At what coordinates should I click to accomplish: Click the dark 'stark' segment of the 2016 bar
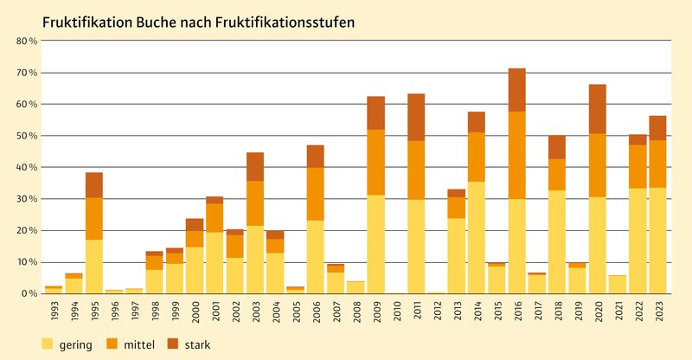[x=516, y=89]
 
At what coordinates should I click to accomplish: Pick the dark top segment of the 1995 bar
[x=94, y=184]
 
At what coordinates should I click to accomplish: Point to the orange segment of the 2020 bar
[x=597, y=165]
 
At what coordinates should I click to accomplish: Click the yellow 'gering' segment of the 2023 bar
[x=657, y=241]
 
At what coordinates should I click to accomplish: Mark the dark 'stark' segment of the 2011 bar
[x=416, y=117]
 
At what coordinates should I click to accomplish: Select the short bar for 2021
[x=617, y=284]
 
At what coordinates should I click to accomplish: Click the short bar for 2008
[x=356, y=286]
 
